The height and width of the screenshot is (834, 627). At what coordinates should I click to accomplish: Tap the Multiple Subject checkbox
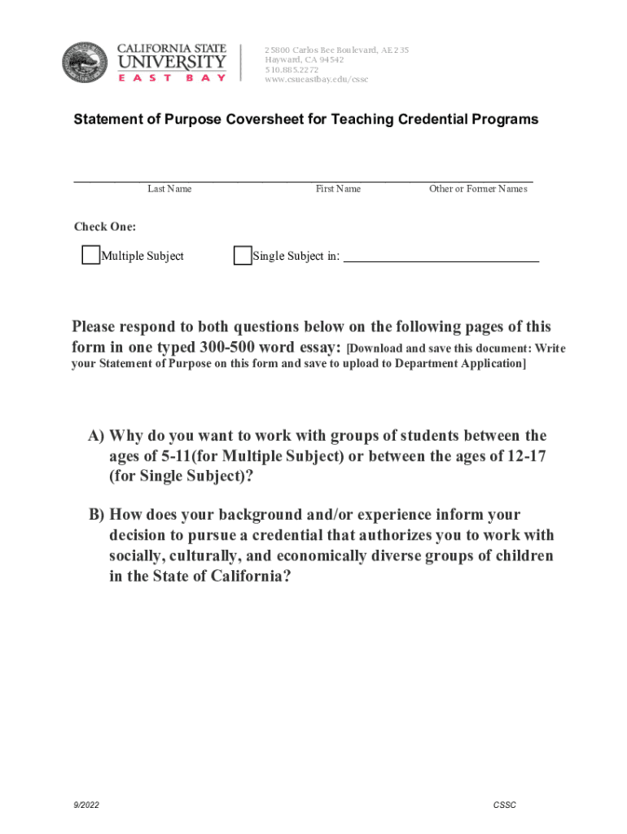coord(91,256)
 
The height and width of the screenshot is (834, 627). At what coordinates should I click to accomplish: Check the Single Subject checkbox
coord(243,256)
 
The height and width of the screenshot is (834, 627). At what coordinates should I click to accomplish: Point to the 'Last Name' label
coord(169,189)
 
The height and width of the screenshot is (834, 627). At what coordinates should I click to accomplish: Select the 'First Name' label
coord(338,189)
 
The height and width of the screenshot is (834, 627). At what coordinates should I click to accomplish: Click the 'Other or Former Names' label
coord(478,189)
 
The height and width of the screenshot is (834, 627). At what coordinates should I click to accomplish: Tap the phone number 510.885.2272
coord(291,69)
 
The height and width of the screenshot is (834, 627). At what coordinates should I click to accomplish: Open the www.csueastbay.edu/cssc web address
coord(316,79)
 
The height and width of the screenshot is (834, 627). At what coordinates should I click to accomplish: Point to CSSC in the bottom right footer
coord(504,805)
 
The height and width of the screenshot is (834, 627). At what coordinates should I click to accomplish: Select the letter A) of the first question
coord(96,437)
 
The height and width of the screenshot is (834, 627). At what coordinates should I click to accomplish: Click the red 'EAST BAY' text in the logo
coord(172,78)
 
